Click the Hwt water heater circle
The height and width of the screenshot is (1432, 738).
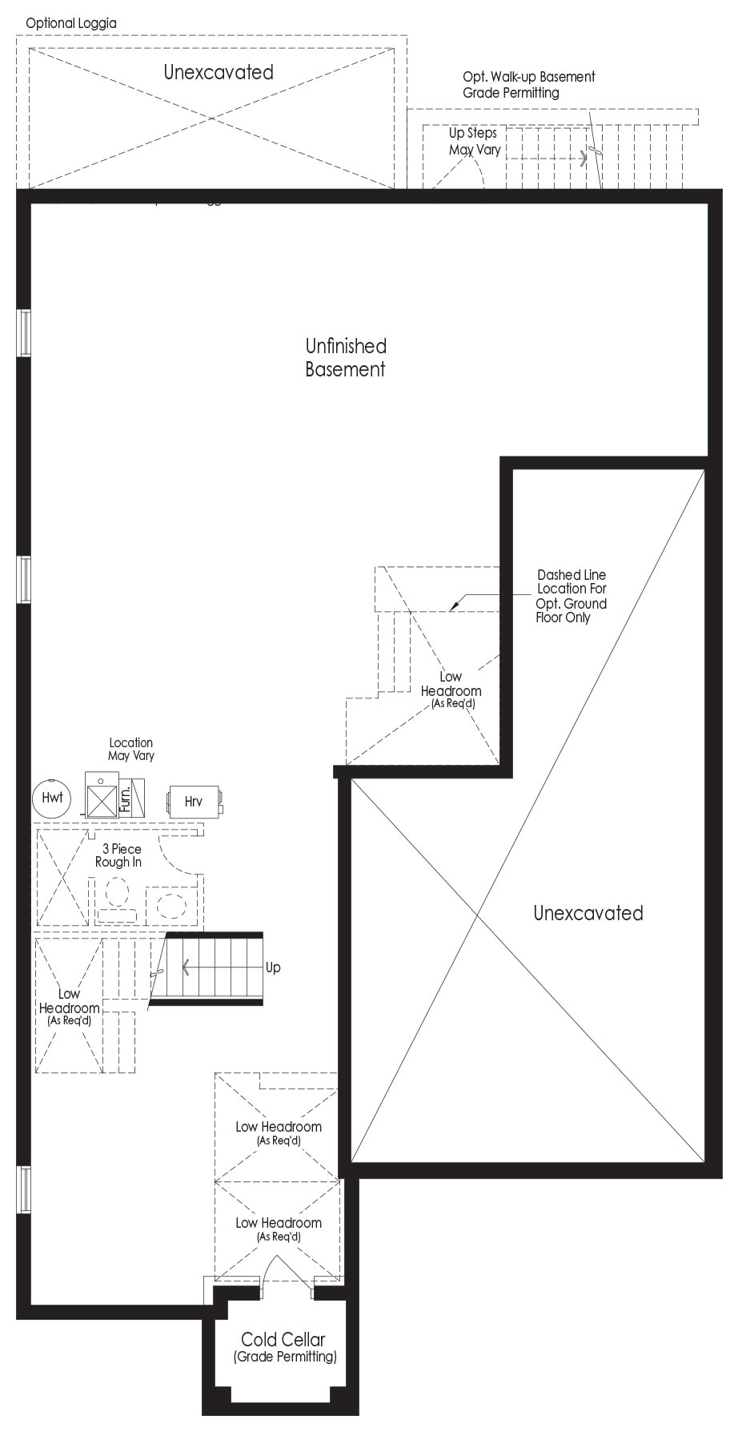52,798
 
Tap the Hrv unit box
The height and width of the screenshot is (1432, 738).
195,801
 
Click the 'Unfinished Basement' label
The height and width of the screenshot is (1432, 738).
346,357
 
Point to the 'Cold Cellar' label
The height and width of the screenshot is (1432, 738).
283,1338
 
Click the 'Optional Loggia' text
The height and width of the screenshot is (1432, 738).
71,23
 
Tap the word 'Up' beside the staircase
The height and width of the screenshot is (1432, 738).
273,967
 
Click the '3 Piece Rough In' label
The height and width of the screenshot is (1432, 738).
118,855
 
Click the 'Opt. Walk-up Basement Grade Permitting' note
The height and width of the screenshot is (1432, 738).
529,84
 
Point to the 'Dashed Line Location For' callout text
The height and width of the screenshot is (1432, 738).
572,581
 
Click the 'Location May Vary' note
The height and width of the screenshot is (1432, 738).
131,749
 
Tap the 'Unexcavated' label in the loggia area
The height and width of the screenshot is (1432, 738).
219,72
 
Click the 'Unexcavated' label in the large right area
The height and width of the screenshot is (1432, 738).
588,913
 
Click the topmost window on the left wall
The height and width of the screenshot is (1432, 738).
25,332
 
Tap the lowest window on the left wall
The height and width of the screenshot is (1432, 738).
25,1190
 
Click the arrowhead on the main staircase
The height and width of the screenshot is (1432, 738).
186,967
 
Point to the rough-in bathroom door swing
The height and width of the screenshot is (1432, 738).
178,857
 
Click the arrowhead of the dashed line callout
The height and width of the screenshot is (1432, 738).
452,605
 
